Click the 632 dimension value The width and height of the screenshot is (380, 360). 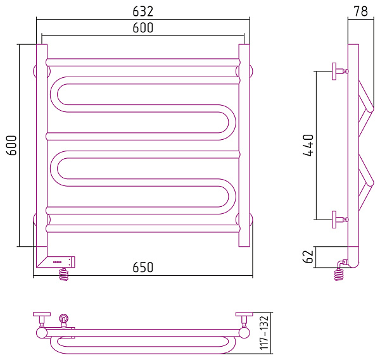[143, 11]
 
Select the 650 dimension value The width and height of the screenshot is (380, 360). [143, 267]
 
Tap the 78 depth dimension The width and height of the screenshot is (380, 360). [360, 11]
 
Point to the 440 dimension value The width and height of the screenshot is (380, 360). [308, 146]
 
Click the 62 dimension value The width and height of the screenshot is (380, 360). [308, 257]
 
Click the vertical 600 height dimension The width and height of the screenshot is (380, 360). [11, 146]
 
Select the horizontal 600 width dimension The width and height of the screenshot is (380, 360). [143, 28]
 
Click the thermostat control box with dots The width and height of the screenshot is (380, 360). [61, 262]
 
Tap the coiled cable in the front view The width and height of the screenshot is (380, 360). [64, 274]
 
